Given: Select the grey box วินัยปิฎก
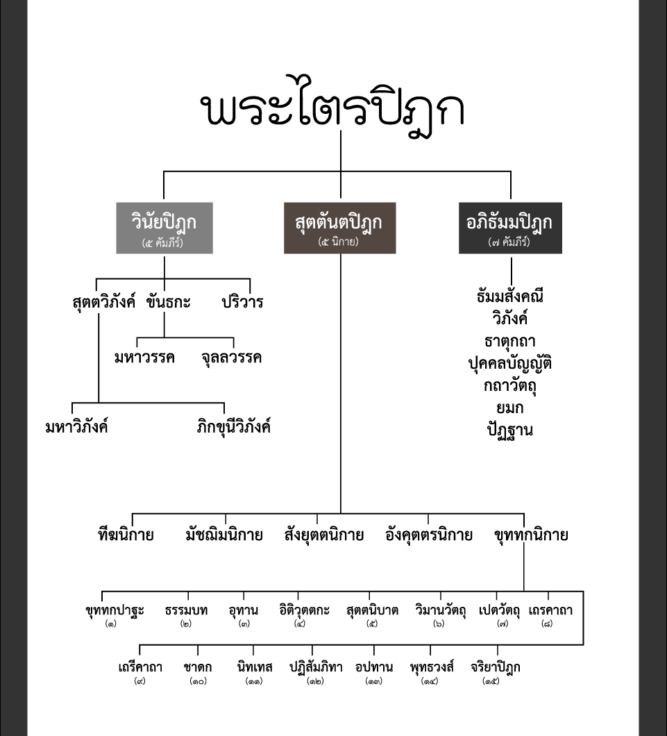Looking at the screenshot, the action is coord(164,228).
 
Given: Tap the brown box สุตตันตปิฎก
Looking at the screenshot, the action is coord(339,228).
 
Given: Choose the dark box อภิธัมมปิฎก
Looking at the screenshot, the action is coord(510,228).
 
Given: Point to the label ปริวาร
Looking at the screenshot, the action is coord(242,302).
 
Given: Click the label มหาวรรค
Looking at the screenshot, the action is coord(144,358).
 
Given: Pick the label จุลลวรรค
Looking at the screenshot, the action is coord(231,358).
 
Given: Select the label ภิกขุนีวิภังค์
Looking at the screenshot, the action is coord(234,427).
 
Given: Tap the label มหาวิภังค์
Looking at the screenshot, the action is coord(77,427).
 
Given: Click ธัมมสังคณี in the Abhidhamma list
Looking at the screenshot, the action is coord(510,296).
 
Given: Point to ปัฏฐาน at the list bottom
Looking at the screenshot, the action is coord(510,430).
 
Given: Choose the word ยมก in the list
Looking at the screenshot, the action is coord(510,408).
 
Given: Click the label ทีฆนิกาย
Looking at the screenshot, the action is coord(126,535).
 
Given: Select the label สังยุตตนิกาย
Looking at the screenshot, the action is coord(324,535).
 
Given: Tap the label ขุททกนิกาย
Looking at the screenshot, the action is coord(532,535).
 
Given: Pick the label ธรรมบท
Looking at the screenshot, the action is coord(186,610).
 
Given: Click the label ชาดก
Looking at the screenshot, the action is coord(198,667).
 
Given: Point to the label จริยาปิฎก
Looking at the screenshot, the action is coord(496,667).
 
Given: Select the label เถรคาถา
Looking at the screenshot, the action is coord(550,610).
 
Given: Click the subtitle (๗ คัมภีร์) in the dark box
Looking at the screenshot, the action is coord(509,242).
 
